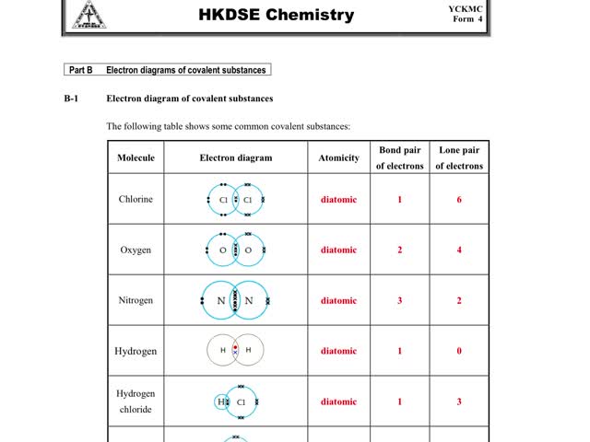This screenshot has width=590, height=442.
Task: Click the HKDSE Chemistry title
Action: [277, 15]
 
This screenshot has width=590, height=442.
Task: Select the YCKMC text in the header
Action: [466, 8]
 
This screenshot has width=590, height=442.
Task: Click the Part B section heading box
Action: [168, 70]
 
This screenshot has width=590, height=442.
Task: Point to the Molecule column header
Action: [136, 157]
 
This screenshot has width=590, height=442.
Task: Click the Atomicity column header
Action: [338, 157]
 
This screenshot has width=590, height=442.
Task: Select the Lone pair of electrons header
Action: [459, 157]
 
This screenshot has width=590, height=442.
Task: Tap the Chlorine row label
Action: [136, 199]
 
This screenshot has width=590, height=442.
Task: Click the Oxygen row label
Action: [136, 250]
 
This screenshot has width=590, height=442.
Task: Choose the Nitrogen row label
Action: [136, 300]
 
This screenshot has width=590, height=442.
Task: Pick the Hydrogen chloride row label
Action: [136, 401]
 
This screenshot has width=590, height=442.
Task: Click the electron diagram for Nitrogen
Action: [235, 300]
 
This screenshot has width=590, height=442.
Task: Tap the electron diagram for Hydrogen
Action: [235, 350]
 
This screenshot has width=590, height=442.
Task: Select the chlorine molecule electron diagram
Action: [235, 199]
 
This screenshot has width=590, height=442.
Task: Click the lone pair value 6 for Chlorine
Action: [459, 199]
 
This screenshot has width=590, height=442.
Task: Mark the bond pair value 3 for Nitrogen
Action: [399, 300]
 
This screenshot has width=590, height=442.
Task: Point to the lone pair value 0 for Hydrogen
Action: [459, 351]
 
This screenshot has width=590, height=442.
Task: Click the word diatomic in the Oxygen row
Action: [338, 250]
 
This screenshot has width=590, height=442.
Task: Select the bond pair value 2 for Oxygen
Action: [399, 250]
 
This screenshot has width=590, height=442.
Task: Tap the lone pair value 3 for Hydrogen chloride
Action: [459, 401]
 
